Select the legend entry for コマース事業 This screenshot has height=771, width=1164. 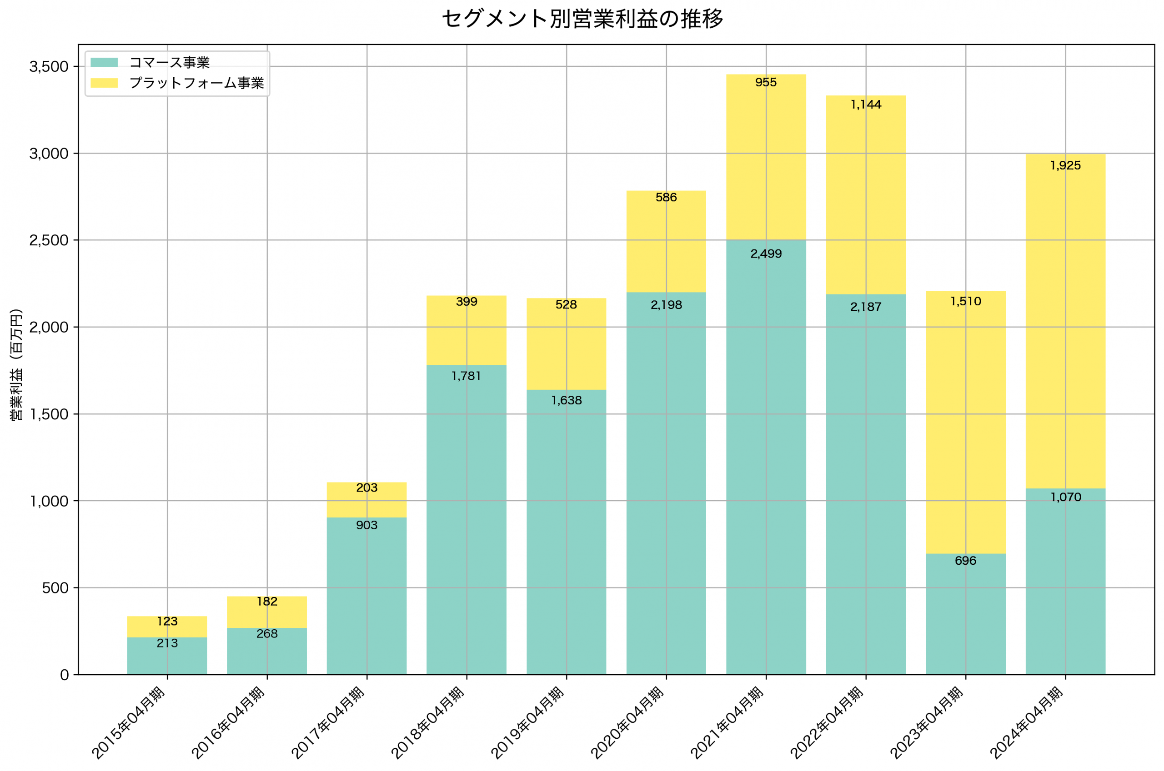pos(169,62)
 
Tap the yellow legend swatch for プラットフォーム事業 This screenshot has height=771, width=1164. pos(104,83)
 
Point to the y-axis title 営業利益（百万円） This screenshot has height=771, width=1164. pos(16,364)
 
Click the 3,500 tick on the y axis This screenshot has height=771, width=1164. pos(49,67)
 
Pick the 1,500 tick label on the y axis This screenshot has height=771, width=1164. pos(49,414)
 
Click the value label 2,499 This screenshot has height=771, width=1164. pos(766,254)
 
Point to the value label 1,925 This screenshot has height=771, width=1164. pos(1065,166)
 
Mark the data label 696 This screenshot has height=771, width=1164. pos(965,561)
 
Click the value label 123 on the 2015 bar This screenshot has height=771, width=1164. pos(167,622)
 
